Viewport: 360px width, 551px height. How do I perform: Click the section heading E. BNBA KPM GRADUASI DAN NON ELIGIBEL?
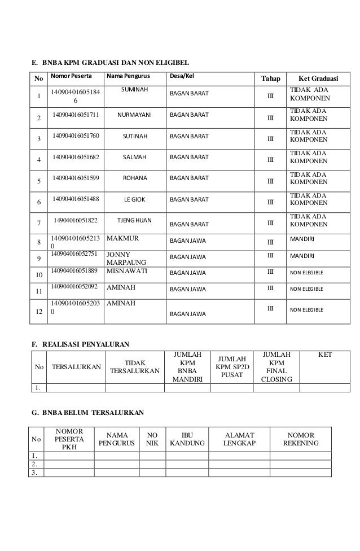(109, 61)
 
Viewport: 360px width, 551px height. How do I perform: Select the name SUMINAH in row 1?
(135, 90)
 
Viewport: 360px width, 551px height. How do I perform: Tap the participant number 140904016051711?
(76, 115)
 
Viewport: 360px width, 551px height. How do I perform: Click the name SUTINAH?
(135, 136)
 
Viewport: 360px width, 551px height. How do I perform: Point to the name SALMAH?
(135, 157)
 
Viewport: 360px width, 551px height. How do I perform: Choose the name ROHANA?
(135, 178)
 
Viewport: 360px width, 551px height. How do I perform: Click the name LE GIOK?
(135, 199)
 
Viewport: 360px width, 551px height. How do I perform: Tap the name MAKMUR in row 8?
(122, 239)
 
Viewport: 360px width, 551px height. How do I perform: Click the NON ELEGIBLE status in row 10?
(306, 272)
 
